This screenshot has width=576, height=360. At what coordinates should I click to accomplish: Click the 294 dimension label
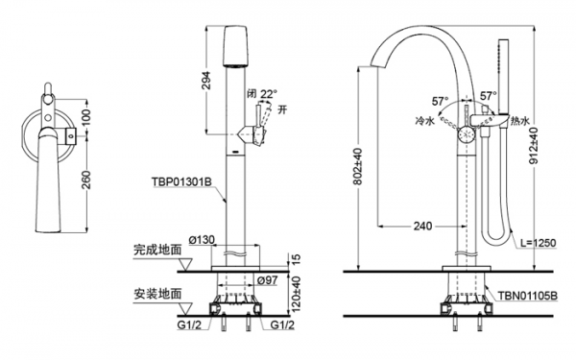pos(206,81)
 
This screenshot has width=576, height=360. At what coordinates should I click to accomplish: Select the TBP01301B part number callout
pos(181,181)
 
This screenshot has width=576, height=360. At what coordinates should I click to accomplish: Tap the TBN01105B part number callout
pos(527,296)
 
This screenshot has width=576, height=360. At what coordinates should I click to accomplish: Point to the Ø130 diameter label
pos(202,240)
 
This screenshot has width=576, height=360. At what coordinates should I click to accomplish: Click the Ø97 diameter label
pos(268,280)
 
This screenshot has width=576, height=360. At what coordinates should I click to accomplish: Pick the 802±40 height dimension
pos(358,166)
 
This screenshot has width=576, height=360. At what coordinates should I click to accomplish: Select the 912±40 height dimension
pos(535,146)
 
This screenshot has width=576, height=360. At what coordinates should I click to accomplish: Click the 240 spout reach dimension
pos(422,226)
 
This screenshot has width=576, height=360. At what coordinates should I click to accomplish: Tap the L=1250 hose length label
pos(539,243)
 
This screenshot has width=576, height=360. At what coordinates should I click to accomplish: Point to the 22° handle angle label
pos(269,94)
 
